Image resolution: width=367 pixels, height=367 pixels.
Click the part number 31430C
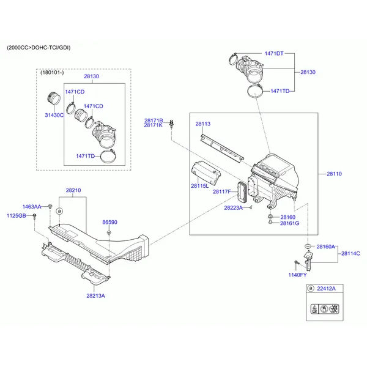point(54,115)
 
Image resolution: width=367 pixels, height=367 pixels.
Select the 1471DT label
point(273,53)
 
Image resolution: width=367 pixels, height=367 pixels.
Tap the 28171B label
point(154,120)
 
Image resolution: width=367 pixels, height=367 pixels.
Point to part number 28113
point(202,124)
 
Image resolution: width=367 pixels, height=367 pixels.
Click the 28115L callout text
point(199,185)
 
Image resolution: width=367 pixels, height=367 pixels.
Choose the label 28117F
point(221,191)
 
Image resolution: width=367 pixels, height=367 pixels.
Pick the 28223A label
point(233,208)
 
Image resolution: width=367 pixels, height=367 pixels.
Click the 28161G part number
point(289,223)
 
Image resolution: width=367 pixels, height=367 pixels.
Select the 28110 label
point(334,174)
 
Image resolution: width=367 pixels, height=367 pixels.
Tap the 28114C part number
point(350,253)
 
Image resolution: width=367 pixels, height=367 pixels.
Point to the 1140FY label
point(298,275)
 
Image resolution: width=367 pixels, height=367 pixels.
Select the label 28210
point(73,190)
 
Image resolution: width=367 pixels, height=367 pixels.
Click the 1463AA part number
point(32,207)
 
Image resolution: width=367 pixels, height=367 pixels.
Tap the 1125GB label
point(17,216)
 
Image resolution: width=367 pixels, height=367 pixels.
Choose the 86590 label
point(109,223)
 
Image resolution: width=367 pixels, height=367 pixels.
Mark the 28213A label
point(95,295)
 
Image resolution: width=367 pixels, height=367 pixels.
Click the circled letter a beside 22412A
point(311,288)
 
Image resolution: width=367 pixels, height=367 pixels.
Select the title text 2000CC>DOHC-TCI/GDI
point(39,47)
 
